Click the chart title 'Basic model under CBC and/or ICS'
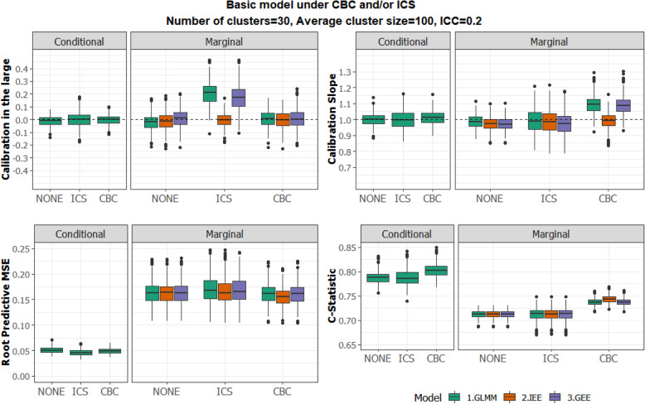[322, 7]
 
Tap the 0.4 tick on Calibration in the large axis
[28, 69]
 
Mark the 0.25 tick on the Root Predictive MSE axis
[26, 249]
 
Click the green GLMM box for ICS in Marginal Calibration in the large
[210, 94]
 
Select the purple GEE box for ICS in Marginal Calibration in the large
[239, 99]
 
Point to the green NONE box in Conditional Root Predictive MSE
[51, 350]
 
